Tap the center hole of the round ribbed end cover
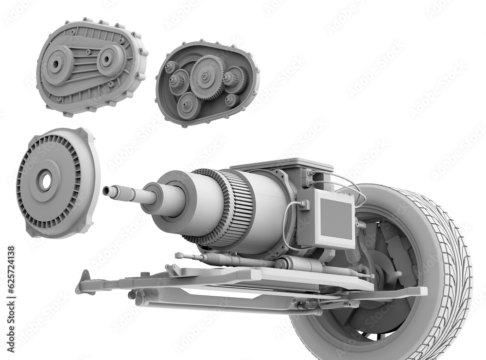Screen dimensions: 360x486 click(x=46, y=182)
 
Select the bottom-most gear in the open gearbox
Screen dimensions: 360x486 click(x=189, y=105)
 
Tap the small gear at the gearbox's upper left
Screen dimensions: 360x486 click(x=172, y=67)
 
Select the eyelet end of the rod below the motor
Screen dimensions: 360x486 click(x=179, y=255)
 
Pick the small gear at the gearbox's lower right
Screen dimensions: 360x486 click(x=232, y=100)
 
